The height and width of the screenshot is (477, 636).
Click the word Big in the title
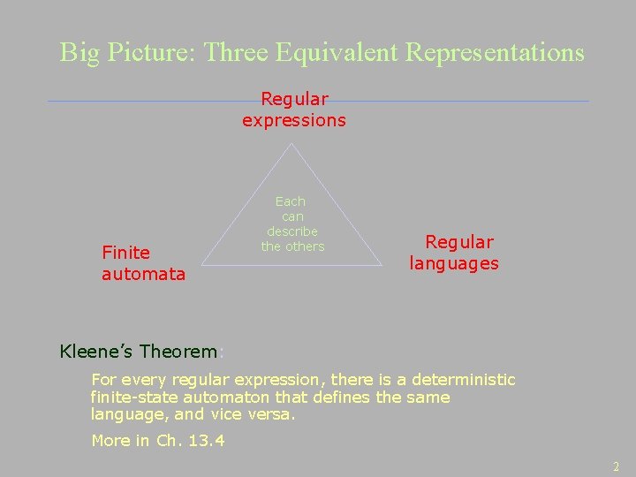[78, 53]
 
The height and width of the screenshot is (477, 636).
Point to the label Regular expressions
[294, 110]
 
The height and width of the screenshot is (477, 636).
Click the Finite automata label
[143, 263]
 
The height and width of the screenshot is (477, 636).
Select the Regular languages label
[454, 253]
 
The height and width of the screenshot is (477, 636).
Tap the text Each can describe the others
[292, 224]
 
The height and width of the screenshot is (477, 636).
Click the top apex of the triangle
[291, 144]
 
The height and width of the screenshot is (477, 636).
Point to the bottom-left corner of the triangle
[202, 265]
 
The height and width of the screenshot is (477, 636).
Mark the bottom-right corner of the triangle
[382, 265]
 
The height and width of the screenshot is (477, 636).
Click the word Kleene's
[96, 352]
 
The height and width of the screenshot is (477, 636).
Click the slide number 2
[617, 466]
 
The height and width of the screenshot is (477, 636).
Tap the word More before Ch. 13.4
[110, 441]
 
